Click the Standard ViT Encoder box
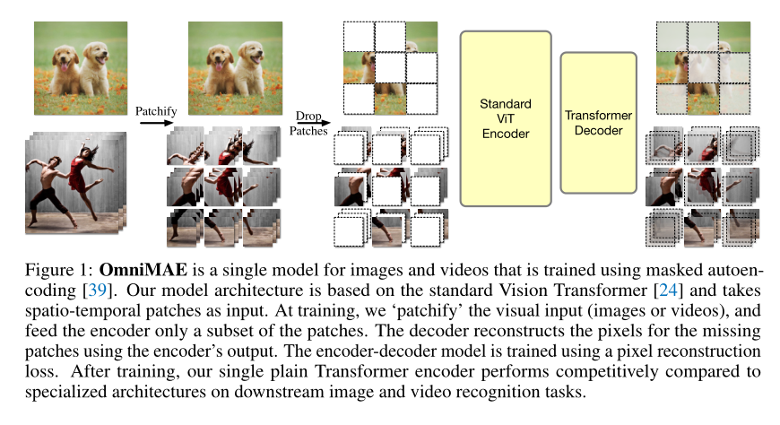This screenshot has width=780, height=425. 506,118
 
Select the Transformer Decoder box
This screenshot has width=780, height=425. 598,123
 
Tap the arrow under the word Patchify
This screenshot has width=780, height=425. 156,122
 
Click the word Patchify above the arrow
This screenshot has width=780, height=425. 156,111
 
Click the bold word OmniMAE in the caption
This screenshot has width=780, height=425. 143,270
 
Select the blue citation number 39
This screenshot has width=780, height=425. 97,291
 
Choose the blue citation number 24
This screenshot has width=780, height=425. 668,291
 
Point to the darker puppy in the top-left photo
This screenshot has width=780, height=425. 66,71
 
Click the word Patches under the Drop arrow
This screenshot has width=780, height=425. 308,131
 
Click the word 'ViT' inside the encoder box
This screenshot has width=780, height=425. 506,119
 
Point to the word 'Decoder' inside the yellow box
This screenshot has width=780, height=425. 598,130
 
